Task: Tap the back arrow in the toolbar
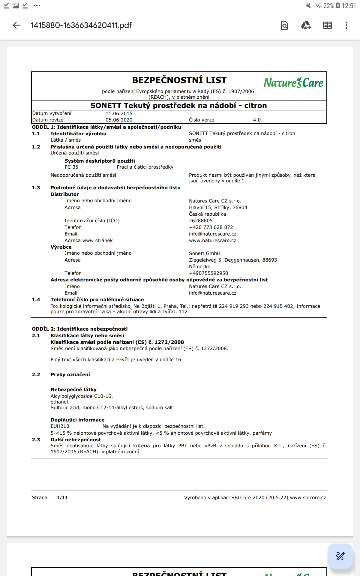coord(16,25)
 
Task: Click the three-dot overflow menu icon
coord(346,25)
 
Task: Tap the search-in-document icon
coord(284,25)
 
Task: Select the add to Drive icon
coord(306,25)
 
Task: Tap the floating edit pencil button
coord(340,556)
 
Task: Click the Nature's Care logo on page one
coord(293,82)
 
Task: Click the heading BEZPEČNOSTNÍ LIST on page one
coord(179,80)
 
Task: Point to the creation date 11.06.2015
coord(119,113)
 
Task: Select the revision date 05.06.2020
coord(119,120)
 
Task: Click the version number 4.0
coord(257,120)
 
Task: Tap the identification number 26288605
coord(201,221)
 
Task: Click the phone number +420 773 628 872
coord(211,227)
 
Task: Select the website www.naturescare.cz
coord(212,241)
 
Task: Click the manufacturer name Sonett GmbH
coord(205,253)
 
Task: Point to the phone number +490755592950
coord(208,273)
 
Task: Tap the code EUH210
coord(60,426)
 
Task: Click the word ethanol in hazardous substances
coord(60,402)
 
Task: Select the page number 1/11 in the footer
coord(62,498)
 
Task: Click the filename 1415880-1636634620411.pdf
coord(81,25)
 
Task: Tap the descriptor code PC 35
coord(71,167)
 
